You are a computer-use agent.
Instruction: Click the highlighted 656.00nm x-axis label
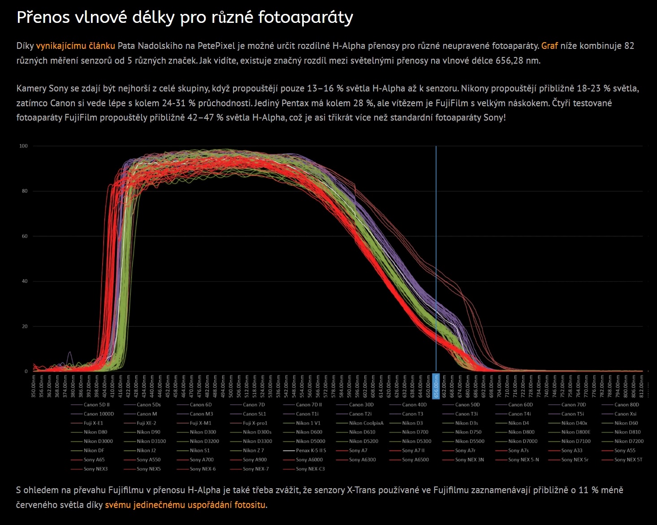coord(436,385)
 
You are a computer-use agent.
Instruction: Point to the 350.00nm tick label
coord(34,386)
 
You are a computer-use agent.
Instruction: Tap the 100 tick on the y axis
coord(23,146)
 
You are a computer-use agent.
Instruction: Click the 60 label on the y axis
coord(25,236)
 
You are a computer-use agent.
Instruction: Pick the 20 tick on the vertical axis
coord(25,326)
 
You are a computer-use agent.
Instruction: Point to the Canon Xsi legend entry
coord(625,414)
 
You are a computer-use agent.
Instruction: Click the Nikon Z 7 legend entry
coord(253,451)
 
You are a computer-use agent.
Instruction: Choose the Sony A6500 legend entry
coord(415,460)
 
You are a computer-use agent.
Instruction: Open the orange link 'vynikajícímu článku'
coord(75,46)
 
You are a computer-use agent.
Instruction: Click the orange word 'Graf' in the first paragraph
coord(549,46)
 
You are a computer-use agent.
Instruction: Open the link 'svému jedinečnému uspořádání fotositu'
coord(186,505)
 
